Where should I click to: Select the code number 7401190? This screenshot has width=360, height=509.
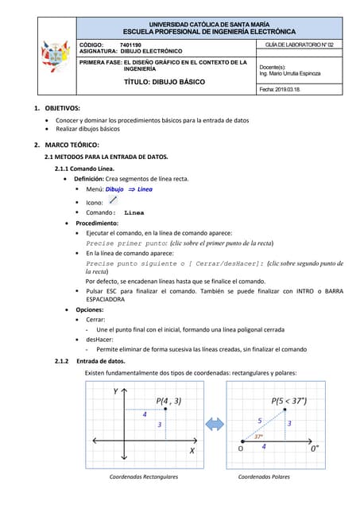(x=130, y=45)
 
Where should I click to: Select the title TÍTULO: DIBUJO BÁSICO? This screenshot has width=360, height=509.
(x=165, y=82)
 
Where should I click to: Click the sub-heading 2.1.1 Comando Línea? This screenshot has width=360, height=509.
(x=84, y=169)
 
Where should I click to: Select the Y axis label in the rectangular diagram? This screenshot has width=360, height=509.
(x=116, y=391)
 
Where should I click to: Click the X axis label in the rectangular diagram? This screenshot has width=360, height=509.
(x=192, y=451)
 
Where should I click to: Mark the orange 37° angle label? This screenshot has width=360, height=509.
(x=258, y=436)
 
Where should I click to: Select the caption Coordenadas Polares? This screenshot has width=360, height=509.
(x=264, y=477)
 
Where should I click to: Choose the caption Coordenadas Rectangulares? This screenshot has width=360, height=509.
(x=143, y=477)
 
